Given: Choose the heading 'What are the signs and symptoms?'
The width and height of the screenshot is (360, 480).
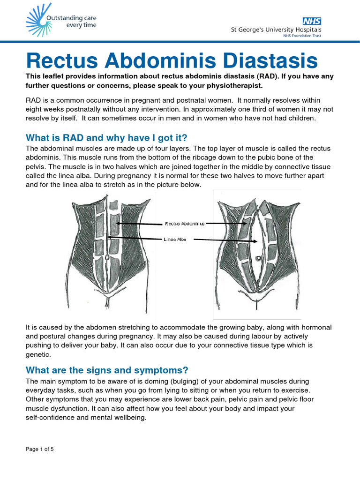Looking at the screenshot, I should (x=107, y=370).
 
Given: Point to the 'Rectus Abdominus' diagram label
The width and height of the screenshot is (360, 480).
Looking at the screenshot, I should (x=185, y=224).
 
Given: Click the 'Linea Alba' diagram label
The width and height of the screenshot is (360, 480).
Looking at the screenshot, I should (x=175, y=239).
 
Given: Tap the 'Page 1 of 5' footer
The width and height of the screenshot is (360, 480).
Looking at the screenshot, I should (x=40, y=450).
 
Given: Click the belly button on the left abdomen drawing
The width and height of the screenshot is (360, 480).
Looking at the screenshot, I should (x=107, y=257).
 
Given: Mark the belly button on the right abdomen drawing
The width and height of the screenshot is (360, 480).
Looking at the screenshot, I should (x=258, y=258).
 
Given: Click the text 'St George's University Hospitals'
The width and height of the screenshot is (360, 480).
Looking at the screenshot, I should (x=276, y=30).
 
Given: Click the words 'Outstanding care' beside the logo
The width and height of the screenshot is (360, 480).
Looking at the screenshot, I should (x=71, y=18).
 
